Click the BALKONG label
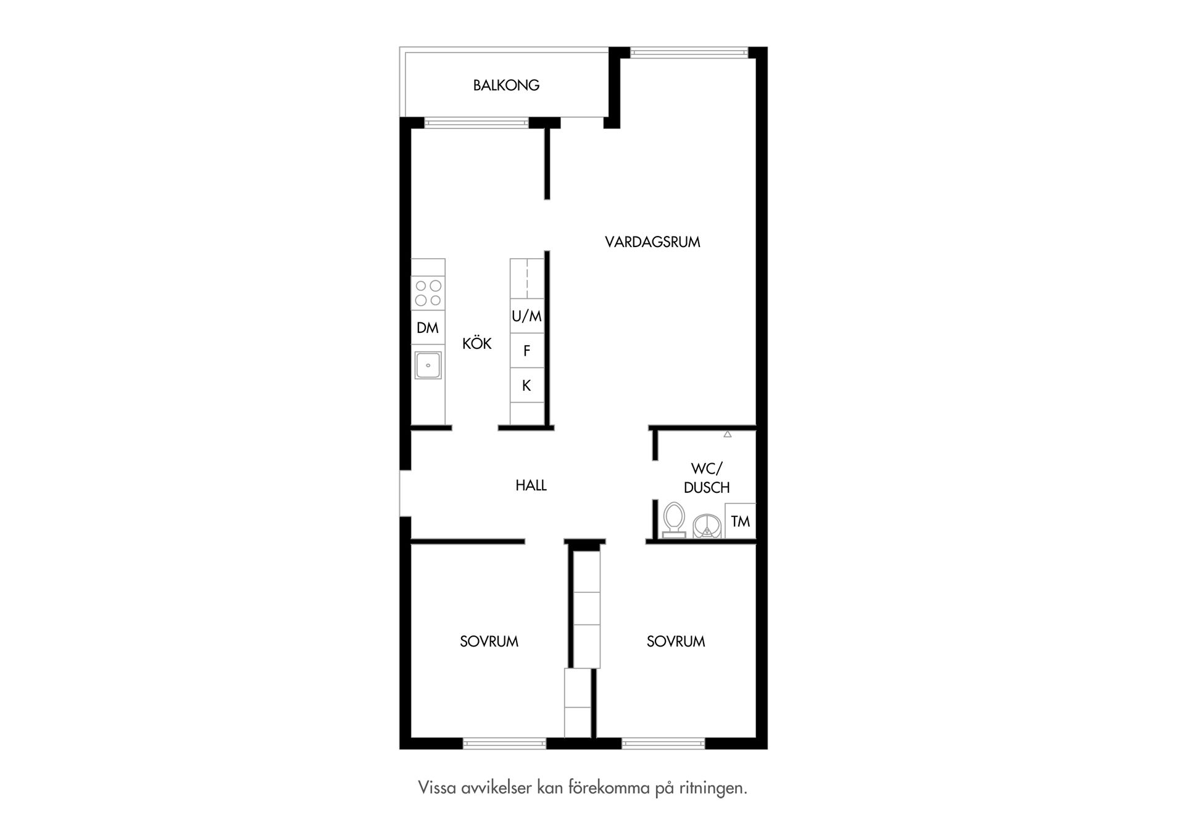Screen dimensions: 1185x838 click(506, 85)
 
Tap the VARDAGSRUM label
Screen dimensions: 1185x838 click(652, 242)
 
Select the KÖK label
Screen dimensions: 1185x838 click(477, 343)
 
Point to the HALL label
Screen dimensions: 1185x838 click(531, 485)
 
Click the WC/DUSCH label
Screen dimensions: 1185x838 click(707, 478)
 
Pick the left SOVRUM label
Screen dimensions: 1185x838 click(489, 642)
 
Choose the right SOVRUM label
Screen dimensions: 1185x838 click(676, 642)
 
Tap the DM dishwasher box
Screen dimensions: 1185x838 click(428, 328)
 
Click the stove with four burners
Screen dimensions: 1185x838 click(428, 293)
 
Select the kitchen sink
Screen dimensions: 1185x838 click(428, 365)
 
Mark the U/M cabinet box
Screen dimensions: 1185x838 click(527, 316)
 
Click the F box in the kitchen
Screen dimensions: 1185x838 click(527, 351)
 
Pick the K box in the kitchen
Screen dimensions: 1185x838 click(527, 385)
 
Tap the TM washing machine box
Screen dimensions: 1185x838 click(741, 521)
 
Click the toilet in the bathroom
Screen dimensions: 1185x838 click(673, 521)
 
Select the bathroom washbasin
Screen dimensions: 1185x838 click(706, 527)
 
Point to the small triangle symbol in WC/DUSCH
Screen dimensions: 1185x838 click(728, 435)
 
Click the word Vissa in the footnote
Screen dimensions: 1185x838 click(438, 788)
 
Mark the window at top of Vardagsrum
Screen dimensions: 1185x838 click(689, 53)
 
